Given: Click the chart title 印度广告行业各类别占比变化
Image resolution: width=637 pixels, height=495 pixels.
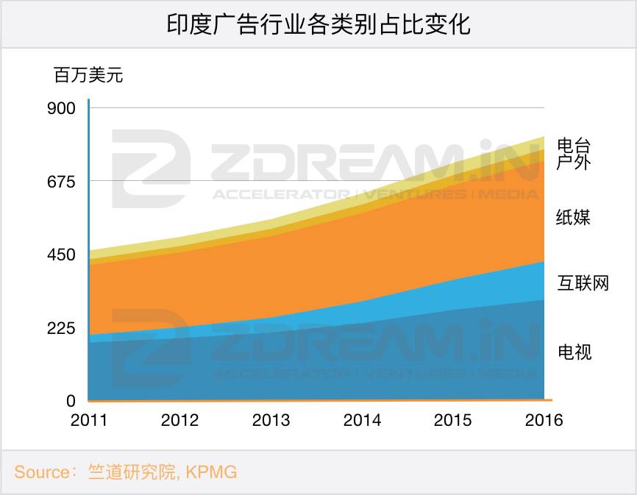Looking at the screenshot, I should click(x=318, y=24).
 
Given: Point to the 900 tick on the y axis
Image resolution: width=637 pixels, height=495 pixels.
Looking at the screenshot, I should click(x=61, y=108).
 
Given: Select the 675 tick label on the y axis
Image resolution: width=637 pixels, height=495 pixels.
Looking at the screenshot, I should click(x=61, y=182).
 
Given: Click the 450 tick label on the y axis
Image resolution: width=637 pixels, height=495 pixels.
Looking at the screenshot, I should click(x=61, y=255).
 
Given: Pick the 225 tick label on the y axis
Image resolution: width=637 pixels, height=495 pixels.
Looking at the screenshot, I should click(x=61, y=328).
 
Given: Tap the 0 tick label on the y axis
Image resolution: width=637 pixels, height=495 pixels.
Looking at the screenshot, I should click(x=71, y=401).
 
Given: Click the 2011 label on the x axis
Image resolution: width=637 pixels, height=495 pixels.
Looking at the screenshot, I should click(x=88, y=421).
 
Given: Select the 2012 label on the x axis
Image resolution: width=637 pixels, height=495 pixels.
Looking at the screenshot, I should click(x=179, y=421).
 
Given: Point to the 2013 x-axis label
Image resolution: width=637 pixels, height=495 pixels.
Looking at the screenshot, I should click(x=271, y=421).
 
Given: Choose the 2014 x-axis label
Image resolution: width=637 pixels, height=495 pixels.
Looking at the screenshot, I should click(x=362, y=421).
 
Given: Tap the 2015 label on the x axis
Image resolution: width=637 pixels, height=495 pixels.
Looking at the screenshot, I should click(x=453, y=421).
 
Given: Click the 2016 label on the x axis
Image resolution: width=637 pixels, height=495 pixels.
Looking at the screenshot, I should click(x=544, y=421).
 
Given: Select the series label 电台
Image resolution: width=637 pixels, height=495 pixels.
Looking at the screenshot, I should click(x=574, y=145).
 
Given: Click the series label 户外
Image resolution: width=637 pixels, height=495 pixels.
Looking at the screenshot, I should click(x=574, y=162).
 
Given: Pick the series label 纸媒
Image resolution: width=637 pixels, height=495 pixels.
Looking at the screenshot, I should click(x=574, y=217).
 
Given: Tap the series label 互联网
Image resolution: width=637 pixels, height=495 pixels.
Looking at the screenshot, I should click(x=583, y=283).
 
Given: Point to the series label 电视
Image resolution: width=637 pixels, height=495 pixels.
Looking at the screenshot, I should click(x=574, y=352).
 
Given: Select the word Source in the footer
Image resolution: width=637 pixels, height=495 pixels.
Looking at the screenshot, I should click(x=42, y=472).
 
